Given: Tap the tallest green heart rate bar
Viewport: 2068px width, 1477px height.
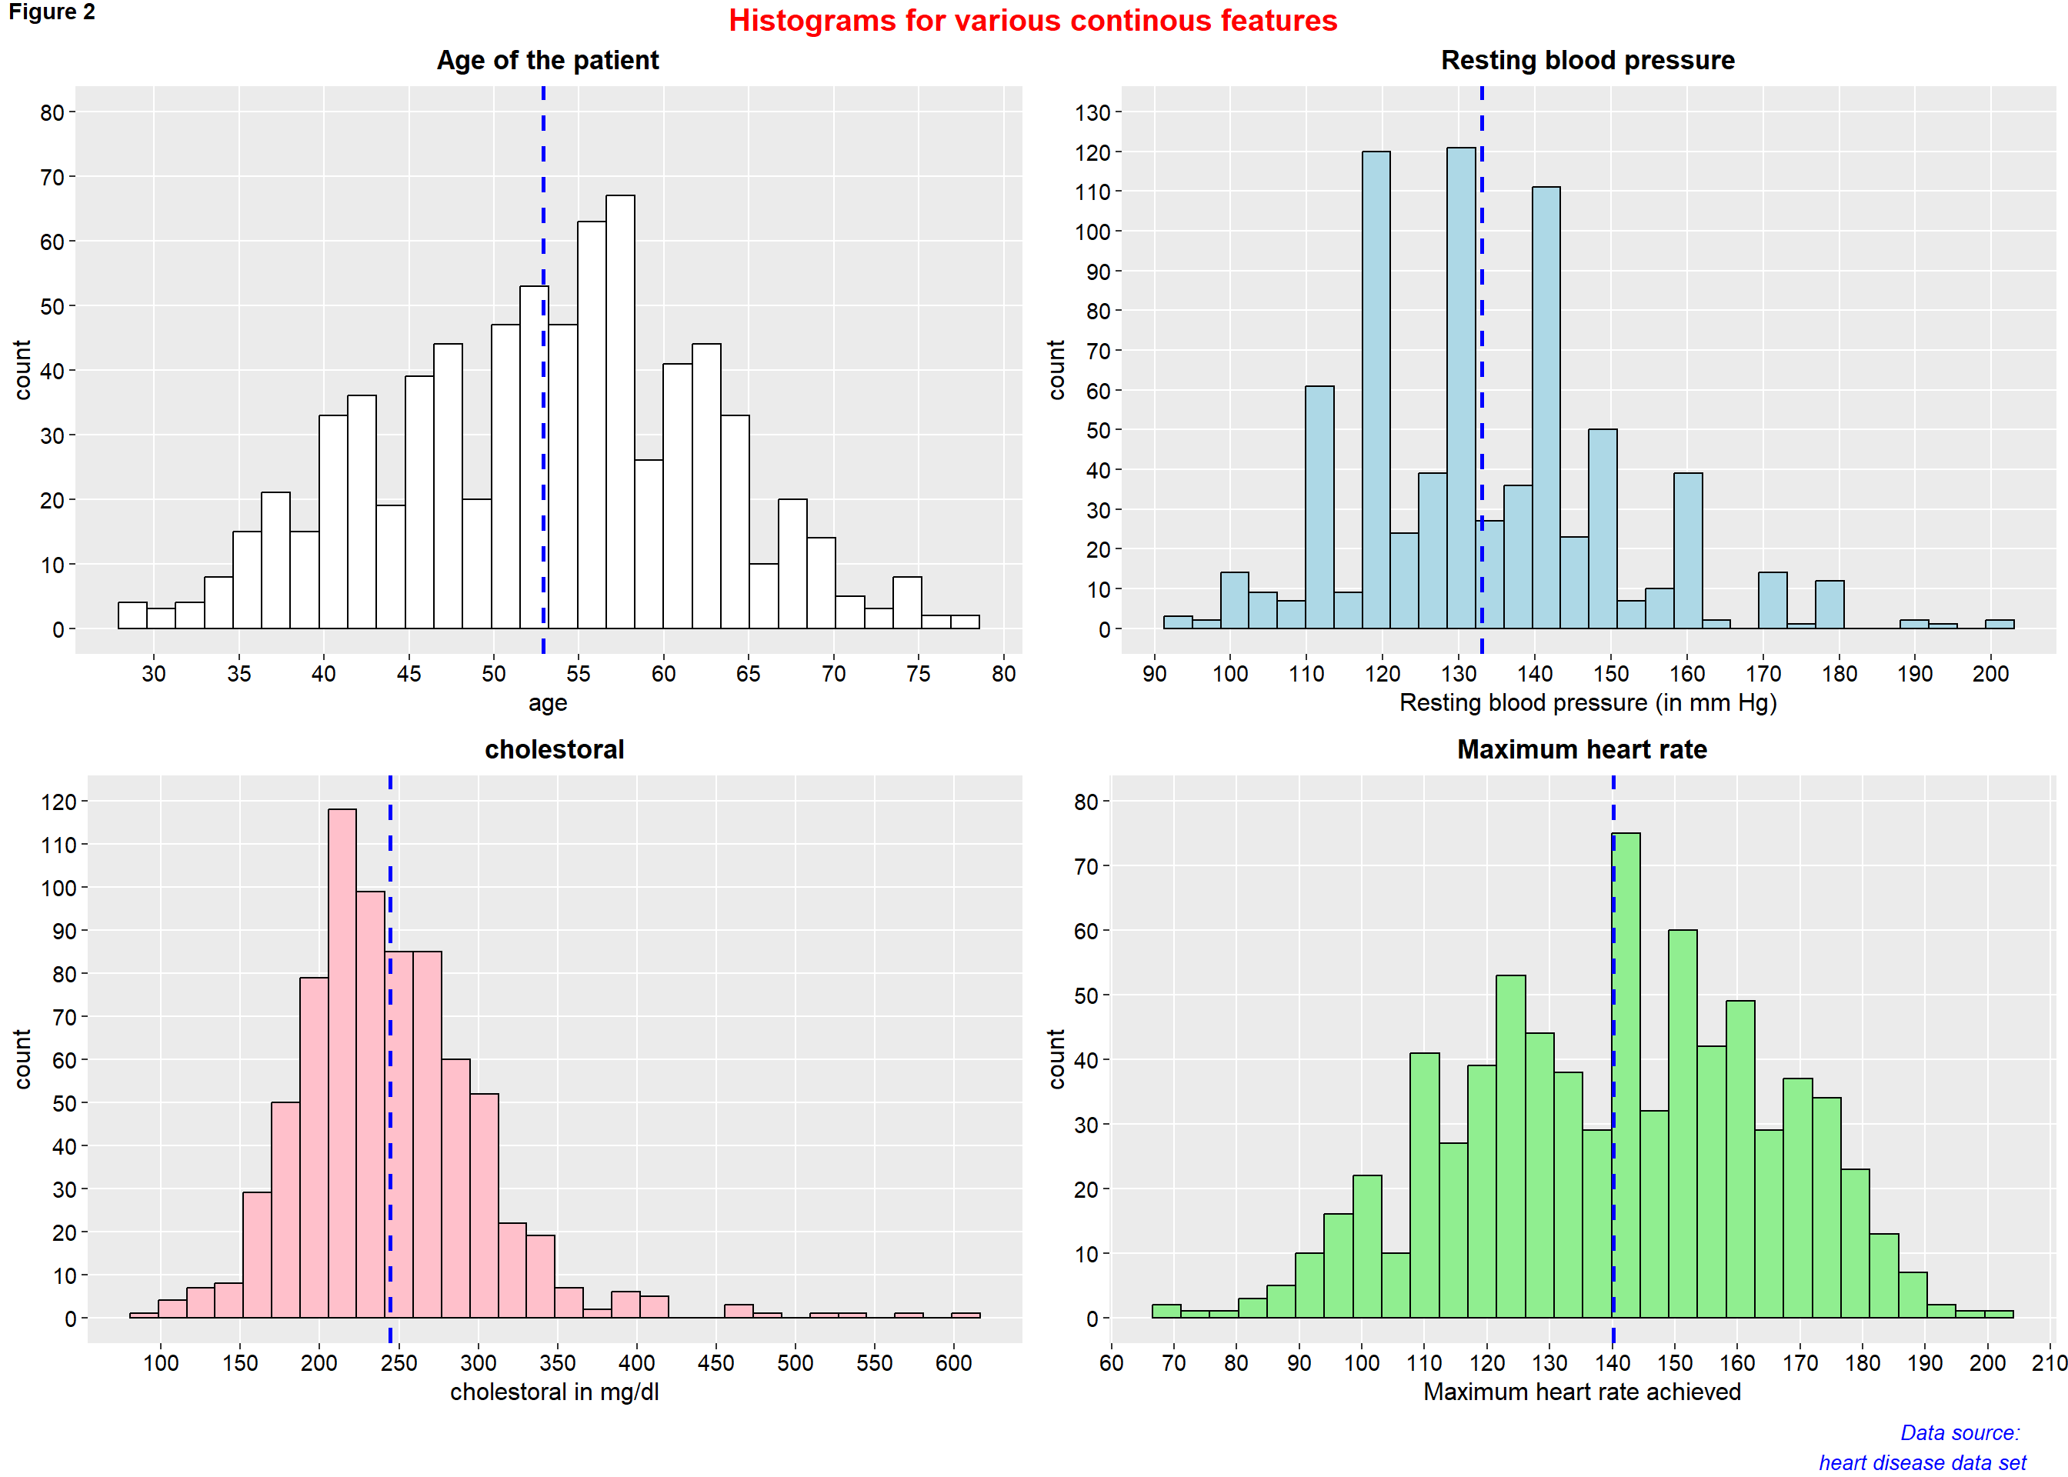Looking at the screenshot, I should (1626, 1074).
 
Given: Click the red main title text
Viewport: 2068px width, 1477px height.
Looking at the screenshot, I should (1032, 21).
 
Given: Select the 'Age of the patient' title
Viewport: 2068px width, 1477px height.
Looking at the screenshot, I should (548, 60).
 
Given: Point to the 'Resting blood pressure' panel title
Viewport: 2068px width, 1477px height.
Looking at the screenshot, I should (1587, 60).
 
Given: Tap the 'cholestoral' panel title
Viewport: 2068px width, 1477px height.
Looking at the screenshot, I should (554, 749).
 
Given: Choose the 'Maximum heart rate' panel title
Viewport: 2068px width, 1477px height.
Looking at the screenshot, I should (1582, 749).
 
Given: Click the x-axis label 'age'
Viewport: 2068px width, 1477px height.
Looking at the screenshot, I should (548, 703).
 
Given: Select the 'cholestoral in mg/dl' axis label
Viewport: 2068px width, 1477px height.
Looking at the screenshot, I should (554, 1392).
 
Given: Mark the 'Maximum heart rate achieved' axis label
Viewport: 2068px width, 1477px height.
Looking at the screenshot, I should (1582, 1392).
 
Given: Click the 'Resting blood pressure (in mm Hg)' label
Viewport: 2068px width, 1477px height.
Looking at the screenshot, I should (1587, 703).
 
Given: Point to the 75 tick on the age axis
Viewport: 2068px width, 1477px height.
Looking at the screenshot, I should (919, 674).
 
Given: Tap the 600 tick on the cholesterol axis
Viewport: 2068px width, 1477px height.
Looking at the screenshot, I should (953, 1362).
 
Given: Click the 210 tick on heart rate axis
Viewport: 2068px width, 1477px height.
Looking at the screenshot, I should (2050, 1362).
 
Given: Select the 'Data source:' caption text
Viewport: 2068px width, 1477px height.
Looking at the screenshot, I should (1959, 1433).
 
